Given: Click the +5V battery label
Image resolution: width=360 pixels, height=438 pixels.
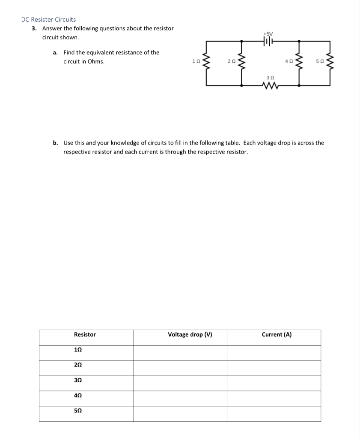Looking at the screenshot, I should point(268,33).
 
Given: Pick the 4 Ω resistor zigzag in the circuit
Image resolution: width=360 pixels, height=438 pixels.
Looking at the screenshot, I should point(299,63).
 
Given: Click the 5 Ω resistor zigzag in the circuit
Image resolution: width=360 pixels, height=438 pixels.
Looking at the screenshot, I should point(330,63).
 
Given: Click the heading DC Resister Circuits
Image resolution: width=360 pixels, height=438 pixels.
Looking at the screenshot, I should point(48,19).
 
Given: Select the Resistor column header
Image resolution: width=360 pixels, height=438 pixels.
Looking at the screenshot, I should point(85,334).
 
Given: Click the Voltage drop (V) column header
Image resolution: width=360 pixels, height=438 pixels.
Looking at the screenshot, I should point(190,334).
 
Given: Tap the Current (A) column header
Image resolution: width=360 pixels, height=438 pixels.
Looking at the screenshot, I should point(277,334).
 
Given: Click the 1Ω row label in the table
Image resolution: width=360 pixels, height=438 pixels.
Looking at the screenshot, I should point(78,349).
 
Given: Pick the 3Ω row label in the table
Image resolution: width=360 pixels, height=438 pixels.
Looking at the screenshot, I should point(78,380).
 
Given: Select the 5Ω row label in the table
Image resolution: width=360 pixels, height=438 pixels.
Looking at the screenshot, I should point(78,410).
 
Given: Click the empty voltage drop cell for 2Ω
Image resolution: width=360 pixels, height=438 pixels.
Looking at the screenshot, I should point(180,368).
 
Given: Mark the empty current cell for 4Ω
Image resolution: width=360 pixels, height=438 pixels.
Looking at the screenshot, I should point(274,398).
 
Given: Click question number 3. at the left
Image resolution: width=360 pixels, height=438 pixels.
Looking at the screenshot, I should point(34,28).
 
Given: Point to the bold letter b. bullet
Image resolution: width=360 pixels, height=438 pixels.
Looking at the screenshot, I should point(56,143).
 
